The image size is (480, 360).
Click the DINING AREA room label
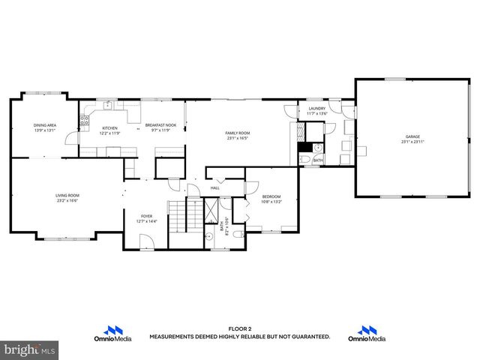point(45,125)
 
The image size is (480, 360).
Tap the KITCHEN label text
point(110,128)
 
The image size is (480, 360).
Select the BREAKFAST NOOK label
point(160,125)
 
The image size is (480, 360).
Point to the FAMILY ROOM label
point(237,133)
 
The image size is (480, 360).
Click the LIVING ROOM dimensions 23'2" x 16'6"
point(67,201)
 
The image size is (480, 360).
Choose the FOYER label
point(146,217)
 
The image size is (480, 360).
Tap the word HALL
point(214,187)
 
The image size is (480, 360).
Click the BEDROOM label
point(271,196)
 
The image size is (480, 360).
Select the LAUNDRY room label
point(317,109)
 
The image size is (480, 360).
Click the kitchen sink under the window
point(109,105)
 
